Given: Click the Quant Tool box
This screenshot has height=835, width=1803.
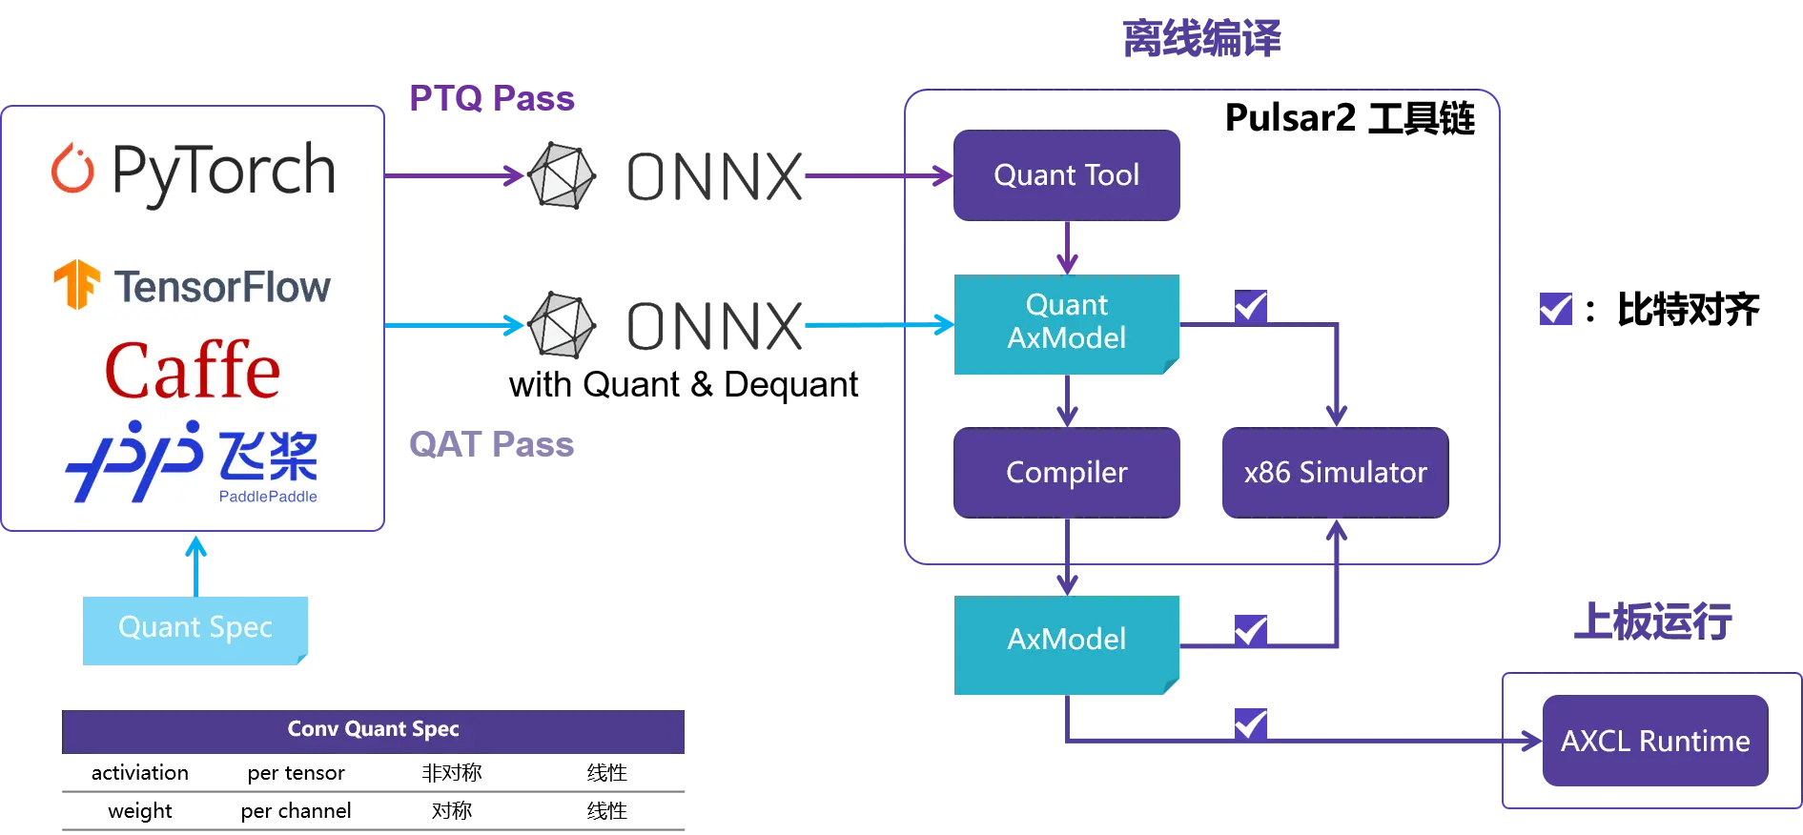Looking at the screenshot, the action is coord(1066,175).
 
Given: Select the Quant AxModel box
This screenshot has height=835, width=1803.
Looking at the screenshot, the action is coord(1066,324).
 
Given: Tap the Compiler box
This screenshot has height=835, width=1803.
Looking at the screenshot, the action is coord(1066,473).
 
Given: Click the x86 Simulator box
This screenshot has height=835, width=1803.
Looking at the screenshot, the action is coord(1335,473).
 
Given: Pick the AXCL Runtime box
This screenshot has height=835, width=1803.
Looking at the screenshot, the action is coord(1655,741).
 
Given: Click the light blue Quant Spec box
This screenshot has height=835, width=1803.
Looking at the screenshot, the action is coord(195,630).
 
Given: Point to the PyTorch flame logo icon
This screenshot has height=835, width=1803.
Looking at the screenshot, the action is coord(72,168).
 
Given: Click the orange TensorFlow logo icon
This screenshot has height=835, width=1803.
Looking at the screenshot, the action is coord(76,284).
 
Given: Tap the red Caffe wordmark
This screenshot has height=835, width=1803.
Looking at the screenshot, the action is coord(193,370).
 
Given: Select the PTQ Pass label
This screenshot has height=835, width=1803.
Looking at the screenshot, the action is coord(492,98).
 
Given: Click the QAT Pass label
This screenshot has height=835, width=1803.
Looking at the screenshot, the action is coord(491,444).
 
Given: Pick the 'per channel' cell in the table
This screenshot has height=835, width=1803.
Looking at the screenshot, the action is coord(296,811).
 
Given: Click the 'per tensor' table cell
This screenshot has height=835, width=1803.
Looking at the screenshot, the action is coord(296,773).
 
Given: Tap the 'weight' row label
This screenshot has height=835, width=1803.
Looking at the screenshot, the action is coord(140,811).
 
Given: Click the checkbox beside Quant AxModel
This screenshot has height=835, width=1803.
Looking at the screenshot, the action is coord(1251,306).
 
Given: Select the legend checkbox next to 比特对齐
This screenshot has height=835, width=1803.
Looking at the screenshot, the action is coord(1556,309).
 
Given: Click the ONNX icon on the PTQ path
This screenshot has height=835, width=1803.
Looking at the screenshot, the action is coord(563,175).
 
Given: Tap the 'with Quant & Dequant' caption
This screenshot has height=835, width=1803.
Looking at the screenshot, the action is coord(683,384).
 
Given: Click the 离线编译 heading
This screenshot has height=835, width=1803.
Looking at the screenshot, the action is coord(1201,39).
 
